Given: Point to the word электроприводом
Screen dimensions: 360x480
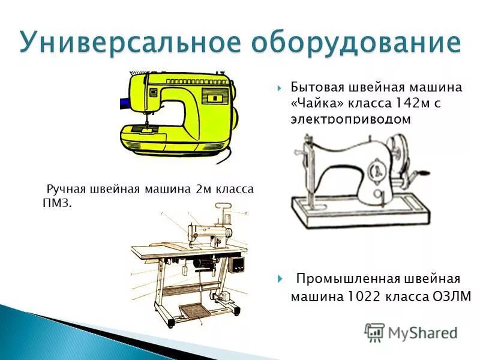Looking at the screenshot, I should (x=351, y=119).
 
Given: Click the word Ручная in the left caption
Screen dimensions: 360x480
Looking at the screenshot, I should (x=65, y=190).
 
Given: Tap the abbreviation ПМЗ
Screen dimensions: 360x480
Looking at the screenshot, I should (x=57, y=204).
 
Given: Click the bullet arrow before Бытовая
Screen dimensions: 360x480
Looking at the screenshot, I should (x=280, y=88).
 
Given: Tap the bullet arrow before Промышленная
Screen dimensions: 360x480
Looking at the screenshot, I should (x=280, y=280).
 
